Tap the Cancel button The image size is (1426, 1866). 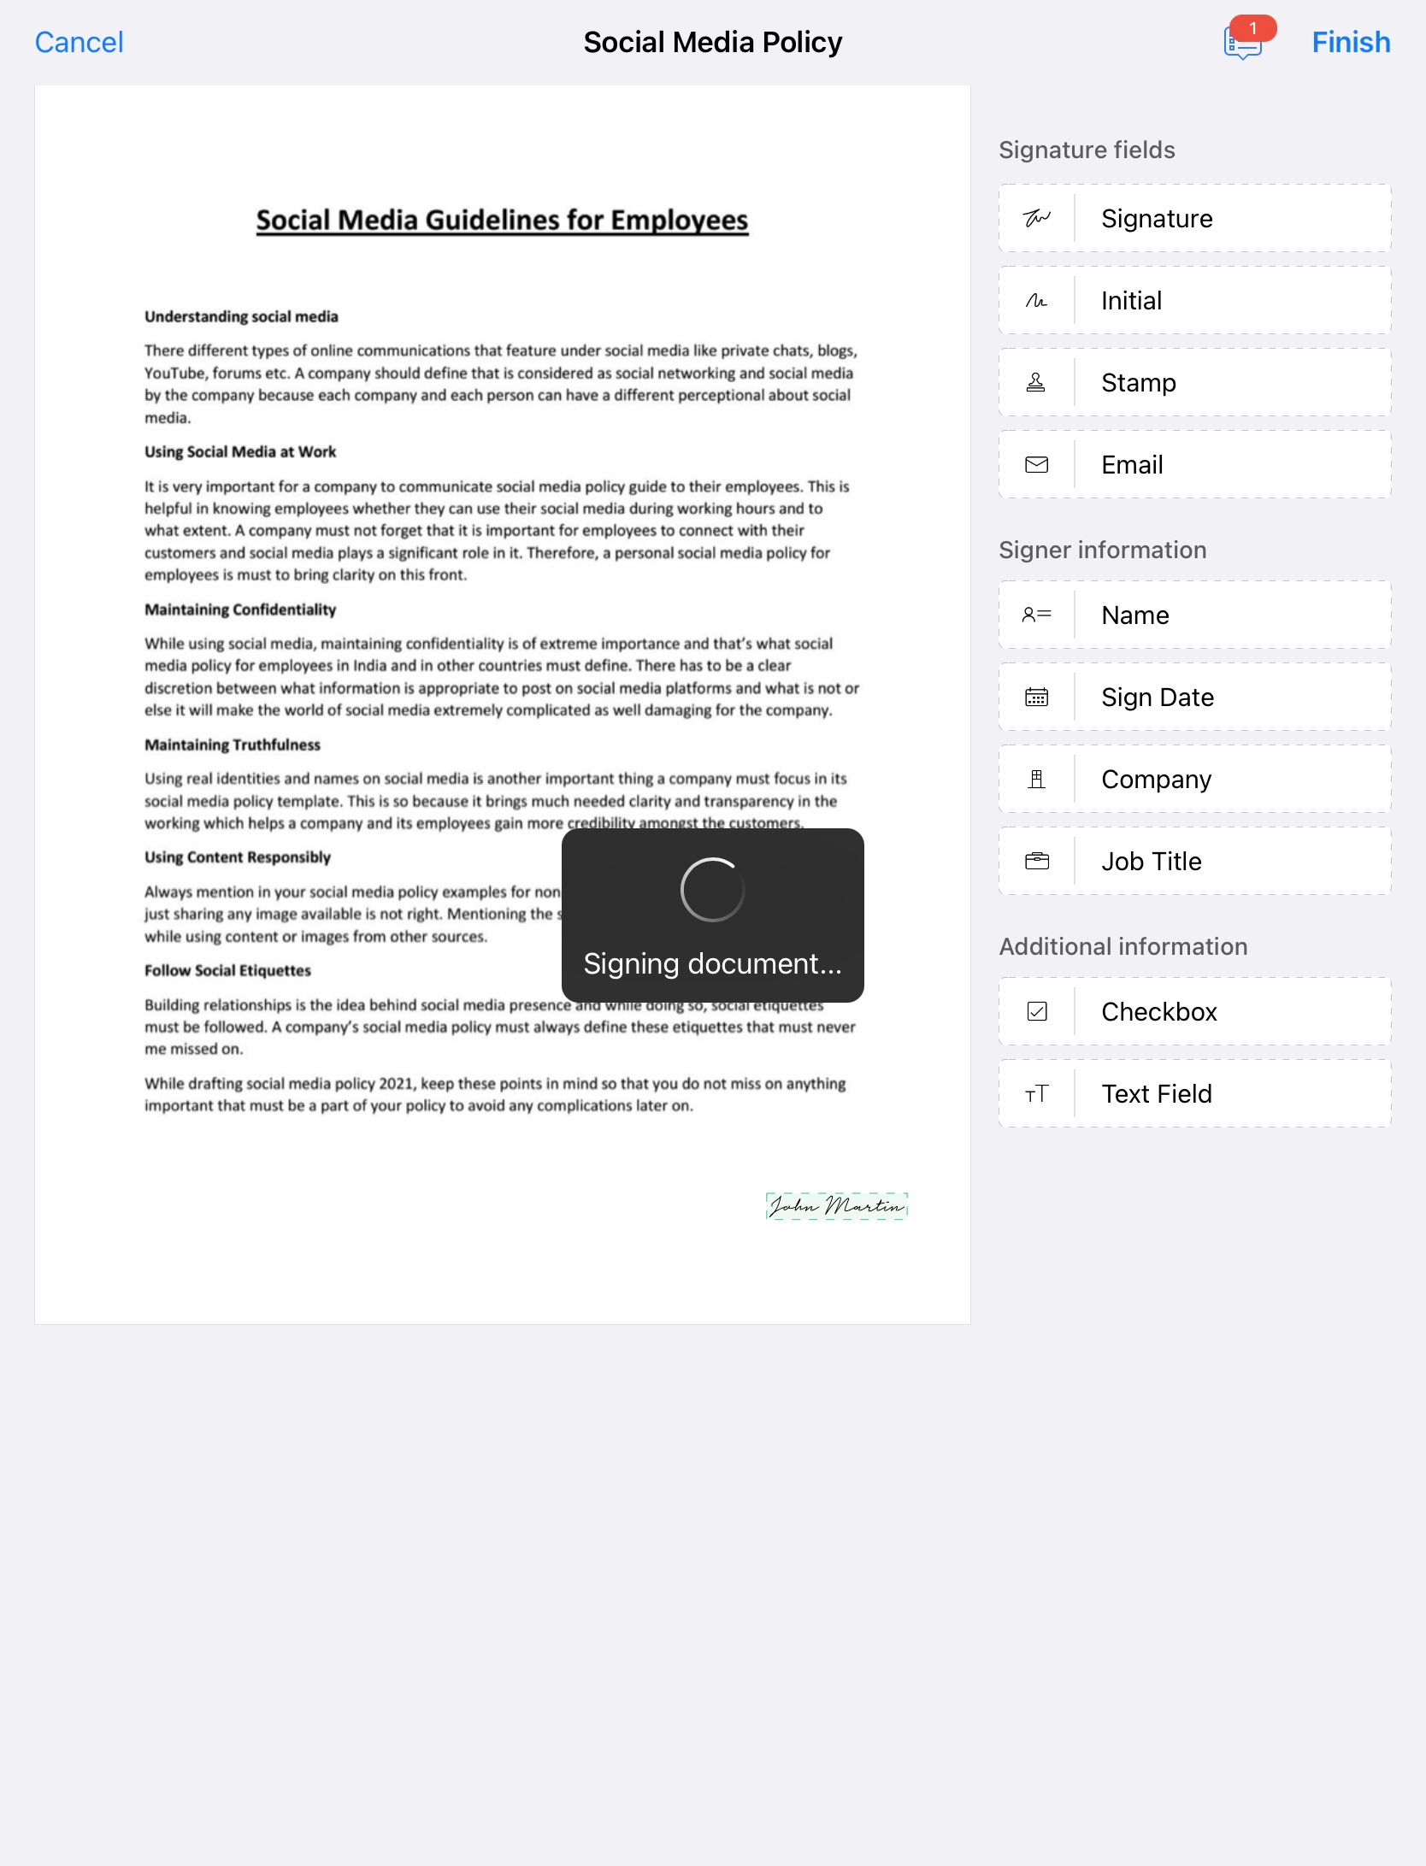(x=79, y=42)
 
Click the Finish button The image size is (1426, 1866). (x=1350, y=42)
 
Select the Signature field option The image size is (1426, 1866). (x=1193, y=219)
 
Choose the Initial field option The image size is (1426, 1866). (x=1193, y=301)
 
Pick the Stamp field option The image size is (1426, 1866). (x=1193, y=383)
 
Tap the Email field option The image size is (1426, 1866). (x=1193, y=465)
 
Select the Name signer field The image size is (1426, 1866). (x=1193, y=615)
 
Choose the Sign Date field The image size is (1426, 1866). (x=1193, y=698)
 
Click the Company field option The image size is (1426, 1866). (x=1193, y=780)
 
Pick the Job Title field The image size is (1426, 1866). (x=1193, y=862)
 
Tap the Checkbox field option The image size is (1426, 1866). (x=1193, y=1012)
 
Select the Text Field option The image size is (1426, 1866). (x=1193, y=1094)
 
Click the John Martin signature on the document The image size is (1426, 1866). (x=836, y=1206)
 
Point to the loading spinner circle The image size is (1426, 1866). (x=712, y=890)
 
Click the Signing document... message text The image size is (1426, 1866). (x=712, y=964)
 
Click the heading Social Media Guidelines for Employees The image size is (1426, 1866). (x=502, y=221)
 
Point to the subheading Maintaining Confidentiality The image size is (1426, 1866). (x=240, y=609)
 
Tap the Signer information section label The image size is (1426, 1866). (x=1102, y=550)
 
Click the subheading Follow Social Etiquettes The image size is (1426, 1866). (x=227, y=971)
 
